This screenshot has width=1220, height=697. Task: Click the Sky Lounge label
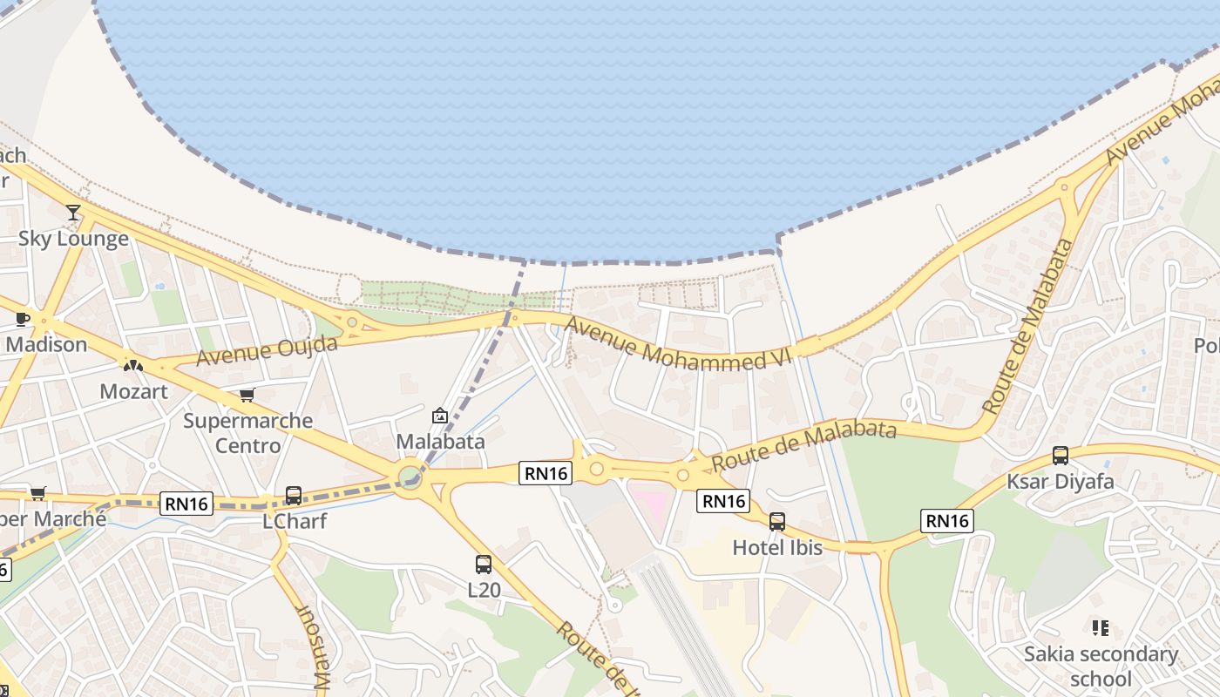(x=74, y=239)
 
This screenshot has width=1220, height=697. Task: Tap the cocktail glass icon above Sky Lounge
(x=73, y=212)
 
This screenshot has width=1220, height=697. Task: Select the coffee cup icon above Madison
(x=23, y=320)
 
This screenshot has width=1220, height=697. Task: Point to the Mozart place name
(x=133, y=391)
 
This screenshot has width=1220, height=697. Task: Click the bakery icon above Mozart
(x=132, y=366)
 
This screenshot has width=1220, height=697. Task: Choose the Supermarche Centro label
(x=247, y=433)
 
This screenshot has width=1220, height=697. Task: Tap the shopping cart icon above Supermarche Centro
(x=247, y=396)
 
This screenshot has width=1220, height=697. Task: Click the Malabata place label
(x=440, y=441)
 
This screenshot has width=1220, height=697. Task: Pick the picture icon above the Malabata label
(x=440, y=416)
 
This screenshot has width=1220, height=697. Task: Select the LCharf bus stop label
(x=295, y=521)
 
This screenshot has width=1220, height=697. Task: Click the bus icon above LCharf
(x=294, y=496)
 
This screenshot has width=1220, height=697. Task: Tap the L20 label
(x=485, y=590)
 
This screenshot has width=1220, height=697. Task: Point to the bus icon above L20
(x=484, y=565)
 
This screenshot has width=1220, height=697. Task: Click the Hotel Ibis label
(x=777, y=547)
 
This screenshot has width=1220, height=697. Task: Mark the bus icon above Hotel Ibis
(x=776, y=522)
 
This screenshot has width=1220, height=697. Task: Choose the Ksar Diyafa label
(x=1061, y=481)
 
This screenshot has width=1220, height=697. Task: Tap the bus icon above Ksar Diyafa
(x=1061, y=456)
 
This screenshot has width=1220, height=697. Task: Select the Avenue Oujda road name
(x=267, y=351)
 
